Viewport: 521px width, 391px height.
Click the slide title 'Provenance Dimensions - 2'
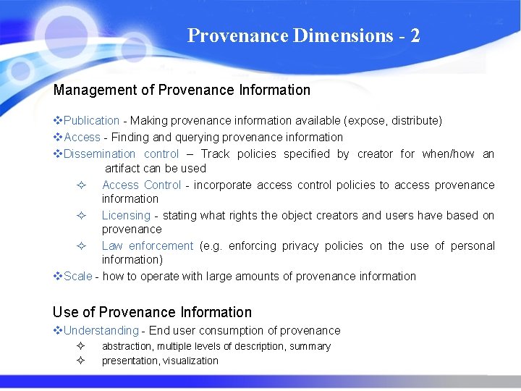pyautogui.click(x=303, y=35)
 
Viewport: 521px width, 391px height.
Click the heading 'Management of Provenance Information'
pyautogui.click(x=182, y=91)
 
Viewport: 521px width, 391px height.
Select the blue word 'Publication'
pyautogui.click(x=91, y=120)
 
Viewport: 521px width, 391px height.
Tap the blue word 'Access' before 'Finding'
pyautogui.click(x=82, y=137)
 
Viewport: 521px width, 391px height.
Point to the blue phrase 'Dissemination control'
pyautogui.click(x=121, y=154)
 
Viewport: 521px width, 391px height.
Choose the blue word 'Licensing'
pyautogui.click(x=126, y=215)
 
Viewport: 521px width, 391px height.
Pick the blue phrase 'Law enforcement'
pyautogui.click(x=147, y=245)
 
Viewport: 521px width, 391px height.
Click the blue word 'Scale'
pyautogui.click(x=78, y=276)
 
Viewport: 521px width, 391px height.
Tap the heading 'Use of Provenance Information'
pyautogui.click(x=152, y=313)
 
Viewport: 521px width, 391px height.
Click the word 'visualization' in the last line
pyautogui.click(x=190, y=361)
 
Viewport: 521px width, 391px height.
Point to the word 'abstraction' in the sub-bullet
pyautogui.click(x=127, y=346)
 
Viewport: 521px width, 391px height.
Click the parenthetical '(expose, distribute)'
pyautogui.click(x=393, y=120)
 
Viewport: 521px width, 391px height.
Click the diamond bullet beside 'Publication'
pyautogui.click(x=58, y=120)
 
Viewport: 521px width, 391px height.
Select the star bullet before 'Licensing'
pyautogui.click(x=82, y=215)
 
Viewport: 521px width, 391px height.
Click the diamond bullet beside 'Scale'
pyautogui.click(x=58, y=276)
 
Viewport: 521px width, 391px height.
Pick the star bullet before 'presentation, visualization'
pyautogui.click(x=81, y=361)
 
